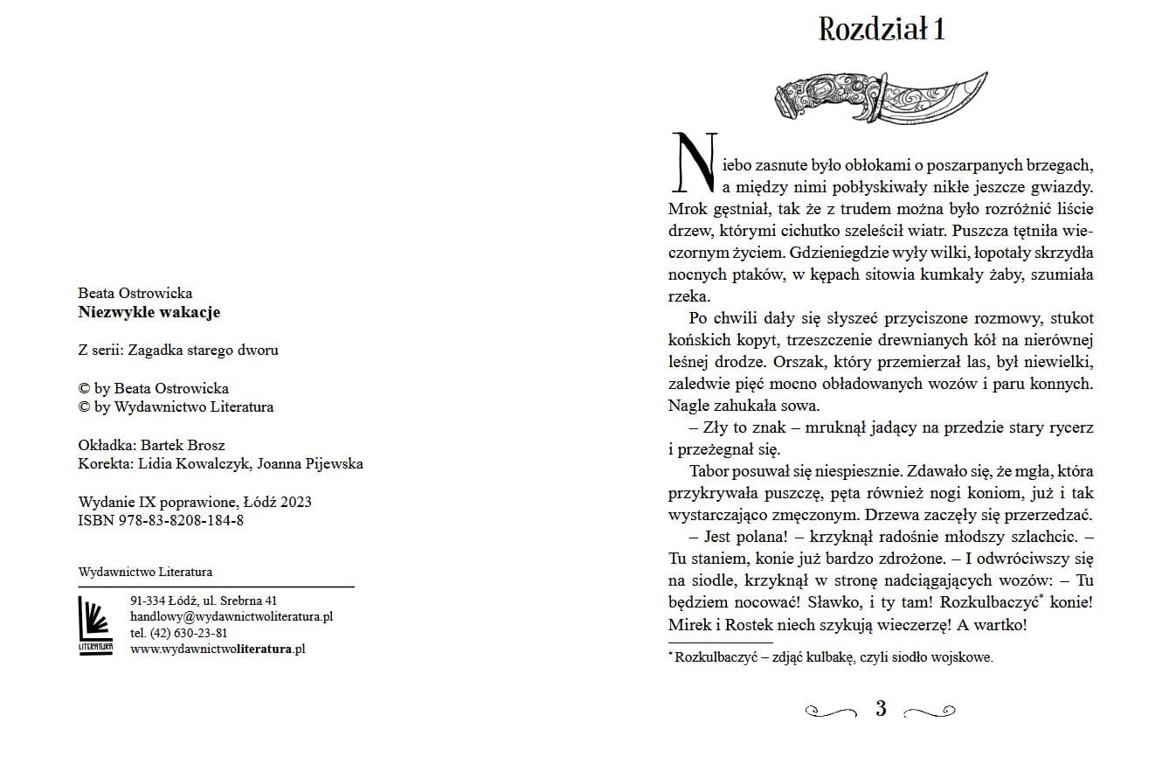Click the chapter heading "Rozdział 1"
881,30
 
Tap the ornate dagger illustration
881,96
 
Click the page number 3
881,709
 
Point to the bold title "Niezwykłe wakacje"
149,312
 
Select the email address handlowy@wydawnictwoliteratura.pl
232,616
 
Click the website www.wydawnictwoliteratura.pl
218,649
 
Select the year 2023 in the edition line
294,503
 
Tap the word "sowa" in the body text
799,406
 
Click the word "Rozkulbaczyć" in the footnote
714,657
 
